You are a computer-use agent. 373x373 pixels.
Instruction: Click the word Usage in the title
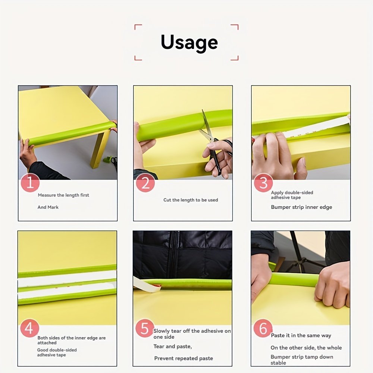(x=189, y=43)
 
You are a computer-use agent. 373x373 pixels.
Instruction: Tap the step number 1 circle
(x=30, y=183)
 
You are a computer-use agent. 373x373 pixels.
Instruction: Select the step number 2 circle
(x=145, y=183)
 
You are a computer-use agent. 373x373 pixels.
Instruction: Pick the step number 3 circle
(x=263, y=183)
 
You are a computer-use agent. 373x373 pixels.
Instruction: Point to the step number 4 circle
(x=29, y=328)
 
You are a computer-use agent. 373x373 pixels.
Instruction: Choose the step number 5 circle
(x=145, y=328)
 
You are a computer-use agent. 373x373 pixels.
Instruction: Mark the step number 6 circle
(x=263, y=328)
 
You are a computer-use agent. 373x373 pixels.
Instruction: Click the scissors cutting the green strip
(x=214, y=143)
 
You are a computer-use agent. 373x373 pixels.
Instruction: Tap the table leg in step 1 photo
(x=100, y=150)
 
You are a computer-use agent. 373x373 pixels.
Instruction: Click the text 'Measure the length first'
(x=63, y=195)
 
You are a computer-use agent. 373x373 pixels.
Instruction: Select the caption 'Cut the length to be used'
(x=191, y=200)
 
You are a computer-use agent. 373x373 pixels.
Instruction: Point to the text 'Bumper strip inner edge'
(x=301, y=207)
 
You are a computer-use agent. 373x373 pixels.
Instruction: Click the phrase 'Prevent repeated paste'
(x=184, y=358)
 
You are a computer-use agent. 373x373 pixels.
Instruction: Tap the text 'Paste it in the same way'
(x=301, y=335)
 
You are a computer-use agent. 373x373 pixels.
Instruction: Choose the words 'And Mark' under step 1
(x=48, y=207)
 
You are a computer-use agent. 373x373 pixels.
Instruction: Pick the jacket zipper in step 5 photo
(x=173, y=254)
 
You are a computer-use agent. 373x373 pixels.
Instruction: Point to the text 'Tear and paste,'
(x=172, y=347)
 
